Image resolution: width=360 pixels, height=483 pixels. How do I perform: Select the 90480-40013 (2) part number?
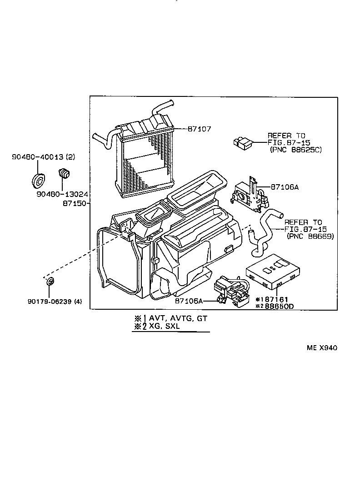tap(43, 157)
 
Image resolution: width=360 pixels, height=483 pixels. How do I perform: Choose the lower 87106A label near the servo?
tap(187, 301)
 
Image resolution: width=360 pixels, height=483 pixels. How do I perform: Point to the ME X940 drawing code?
tap(321, 348)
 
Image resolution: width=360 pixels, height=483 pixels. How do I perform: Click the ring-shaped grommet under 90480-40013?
tap(38, 180)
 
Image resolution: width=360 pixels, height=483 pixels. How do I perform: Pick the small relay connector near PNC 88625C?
tap(243, 142)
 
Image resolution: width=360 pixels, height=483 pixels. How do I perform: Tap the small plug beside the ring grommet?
tap(65, 173)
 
